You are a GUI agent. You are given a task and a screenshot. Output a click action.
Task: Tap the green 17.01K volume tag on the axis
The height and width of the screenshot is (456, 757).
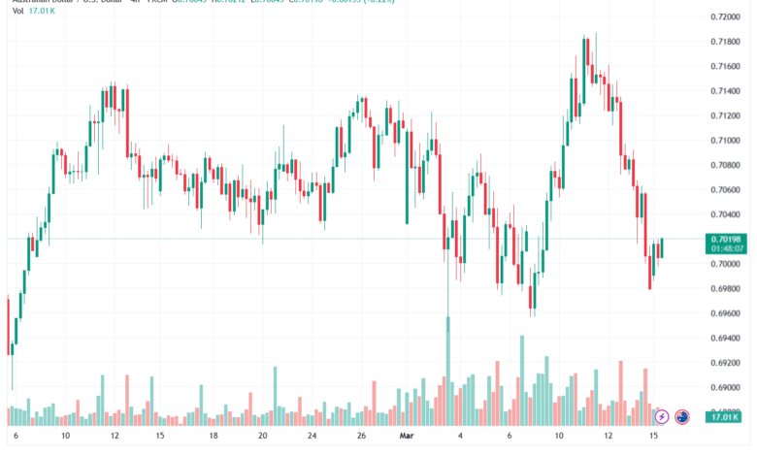pos(727,417)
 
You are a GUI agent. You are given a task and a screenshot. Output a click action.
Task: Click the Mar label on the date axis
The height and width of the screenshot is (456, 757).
pos(407,437)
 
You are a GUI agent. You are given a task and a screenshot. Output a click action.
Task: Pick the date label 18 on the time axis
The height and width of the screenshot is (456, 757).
pos(213,437)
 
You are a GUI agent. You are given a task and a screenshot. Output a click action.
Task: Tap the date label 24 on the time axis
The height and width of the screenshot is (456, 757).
pos(313,437)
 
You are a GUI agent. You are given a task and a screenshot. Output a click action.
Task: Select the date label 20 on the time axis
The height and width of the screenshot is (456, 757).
pos(262,437)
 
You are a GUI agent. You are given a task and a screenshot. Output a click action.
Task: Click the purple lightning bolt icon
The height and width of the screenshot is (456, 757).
pos(662,417)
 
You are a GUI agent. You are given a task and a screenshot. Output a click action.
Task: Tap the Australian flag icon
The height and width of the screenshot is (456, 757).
pos(682,417)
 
